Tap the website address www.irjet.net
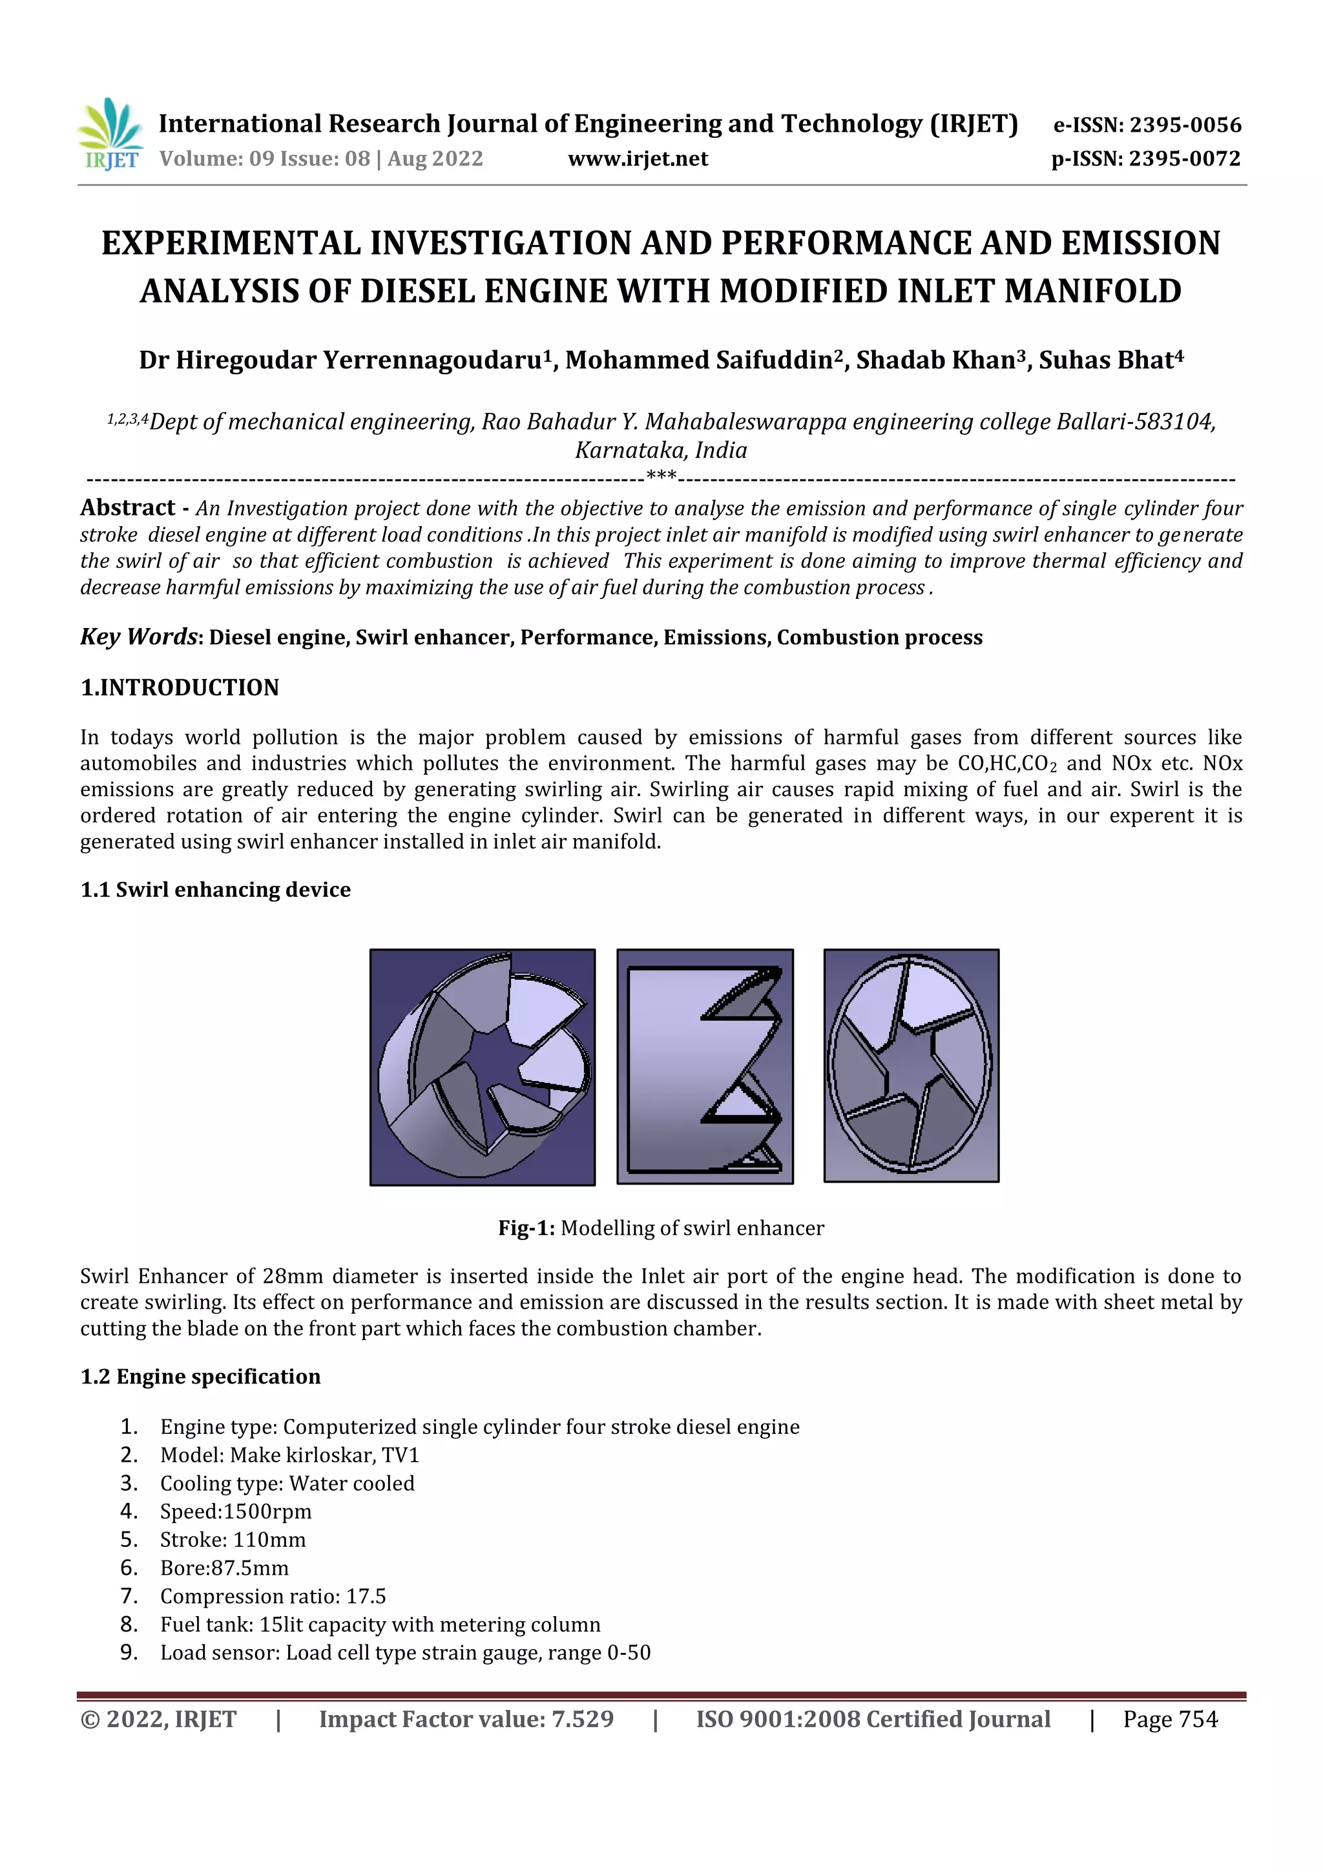638,159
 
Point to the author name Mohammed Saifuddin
698,359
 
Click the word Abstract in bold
128,508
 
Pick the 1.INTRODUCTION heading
180,688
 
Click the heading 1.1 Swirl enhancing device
215,890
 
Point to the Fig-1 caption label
526,1228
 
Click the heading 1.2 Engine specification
200,1376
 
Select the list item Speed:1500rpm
236,1511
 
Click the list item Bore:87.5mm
224,1568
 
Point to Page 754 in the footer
1170,1720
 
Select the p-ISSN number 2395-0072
1183,159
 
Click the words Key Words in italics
139,636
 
